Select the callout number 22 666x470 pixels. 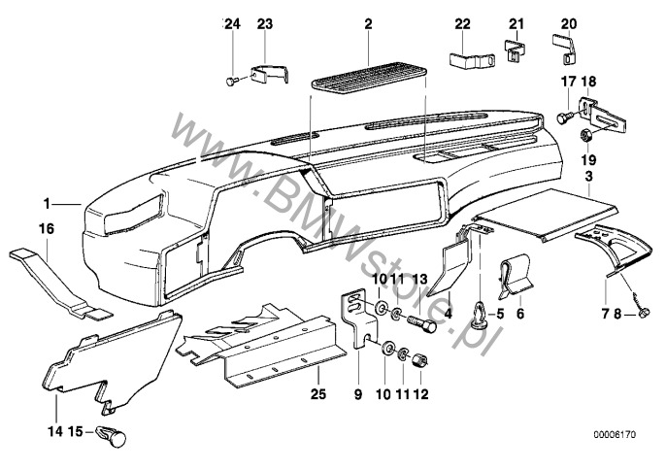coord(463,23)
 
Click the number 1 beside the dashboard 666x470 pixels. coord(46,204)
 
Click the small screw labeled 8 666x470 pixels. coord(643,313)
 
